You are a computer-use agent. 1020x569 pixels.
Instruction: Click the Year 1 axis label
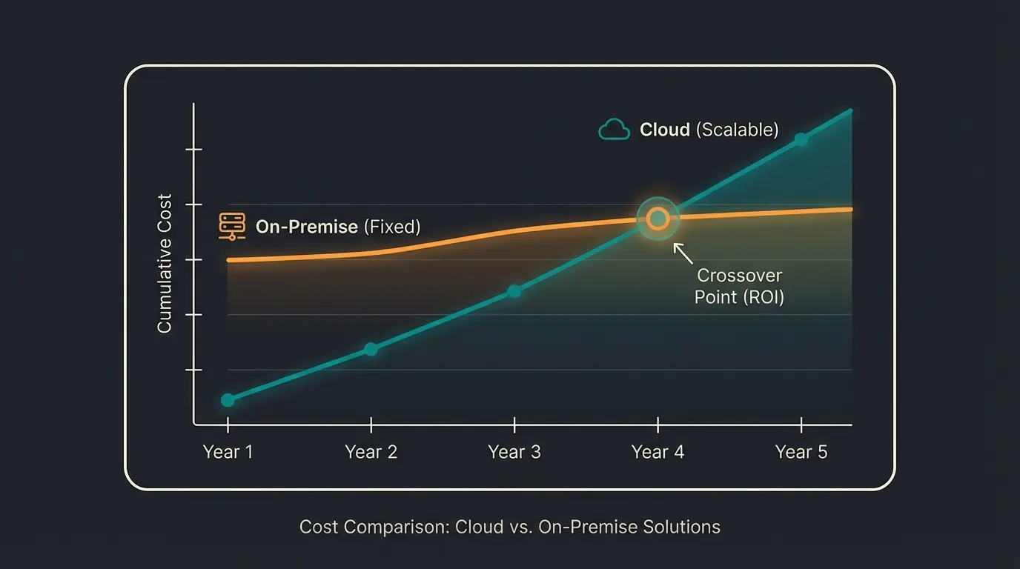point(228,452)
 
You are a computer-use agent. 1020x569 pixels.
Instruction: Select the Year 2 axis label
point(371,452)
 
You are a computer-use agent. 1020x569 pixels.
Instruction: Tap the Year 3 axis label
point(514,452)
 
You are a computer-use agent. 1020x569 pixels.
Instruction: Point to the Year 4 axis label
point(658,452)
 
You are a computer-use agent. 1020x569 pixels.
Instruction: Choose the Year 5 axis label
point(801,452)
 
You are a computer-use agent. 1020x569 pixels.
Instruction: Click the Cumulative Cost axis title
point(165,263)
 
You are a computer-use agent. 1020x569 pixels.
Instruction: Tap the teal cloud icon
point(614,130)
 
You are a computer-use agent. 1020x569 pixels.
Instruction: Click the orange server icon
point(232,227)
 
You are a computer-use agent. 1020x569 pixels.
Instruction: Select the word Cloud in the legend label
point(665,130)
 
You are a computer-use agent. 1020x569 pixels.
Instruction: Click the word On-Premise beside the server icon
point(306,227)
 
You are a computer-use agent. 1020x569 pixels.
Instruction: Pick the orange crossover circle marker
point(658,219)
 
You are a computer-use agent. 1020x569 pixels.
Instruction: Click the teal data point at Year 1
point(228,400)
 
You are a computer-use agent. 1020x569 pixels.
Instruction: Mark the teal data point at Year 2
point(371,349)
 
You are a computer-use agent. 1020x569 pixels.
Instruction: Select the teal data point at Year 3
point(514,291)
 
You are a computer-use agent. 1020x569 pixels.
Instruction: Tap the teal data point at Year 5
point(801,139)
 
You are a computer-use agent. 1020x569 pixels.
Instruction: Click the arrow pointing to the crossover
point(683,253)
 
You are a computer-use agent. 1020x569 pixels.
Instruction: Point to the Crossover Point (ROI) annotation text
point(739,287)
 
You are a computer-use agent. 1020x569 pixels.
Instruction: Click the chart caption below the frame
point(509,527)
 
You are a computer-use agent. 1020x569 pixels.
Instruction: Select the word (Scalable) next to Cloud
point(737,130)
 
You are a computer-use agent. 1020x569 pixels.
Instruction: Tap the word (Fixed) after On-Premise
point(391,227)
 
